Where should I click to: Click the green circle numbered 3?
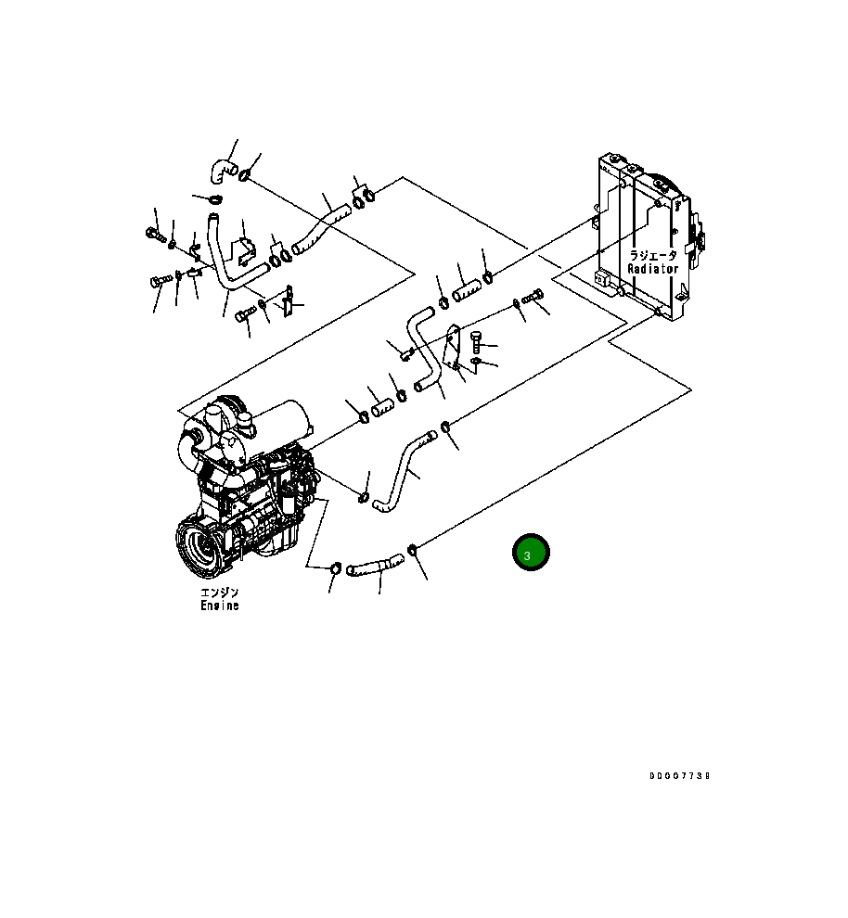531,554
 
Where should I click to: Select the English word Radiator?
652,269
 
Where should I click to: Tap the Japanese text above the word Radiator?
652,255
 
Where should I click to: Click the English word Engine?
220,606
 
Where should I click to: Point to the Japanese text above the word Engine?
220,592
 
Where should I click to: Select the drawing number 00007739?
679,776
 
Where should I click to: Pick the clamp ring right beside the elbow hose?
245,175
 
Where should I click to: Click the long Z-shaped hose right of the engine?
404,468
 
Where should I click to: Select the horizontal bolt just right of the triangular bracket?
533,297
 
